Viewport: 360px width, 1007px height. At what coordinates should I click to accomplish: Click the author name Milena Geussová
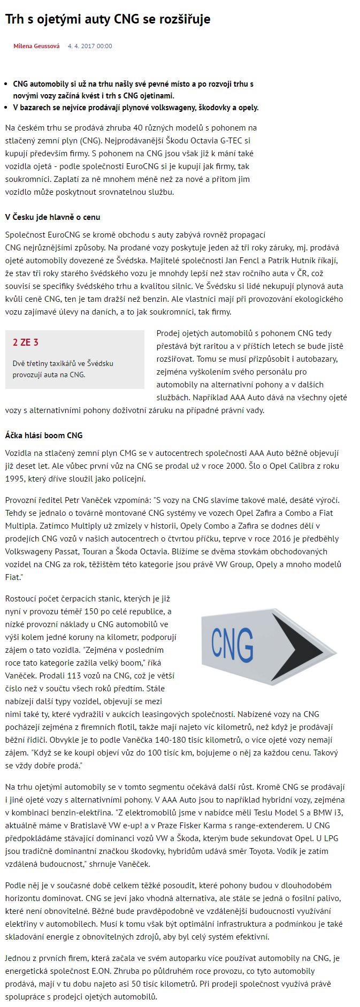36,46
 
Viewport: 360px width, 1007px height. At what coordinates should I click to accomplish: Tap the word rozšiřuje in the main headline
183,19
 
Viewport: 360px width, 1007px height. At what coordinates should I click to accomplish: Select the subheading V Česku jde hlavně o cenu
52,217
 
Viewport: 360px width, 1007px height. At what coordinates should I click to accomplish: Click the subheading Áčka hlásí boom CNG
44,435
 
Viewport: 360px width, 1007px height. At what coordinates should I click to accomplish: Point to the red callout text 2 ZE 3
25,342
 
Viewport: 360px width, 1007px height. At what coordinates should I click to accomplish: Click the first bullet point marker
7,84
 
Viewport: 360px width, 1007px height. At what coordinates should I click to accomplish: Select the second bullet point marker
7,108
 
